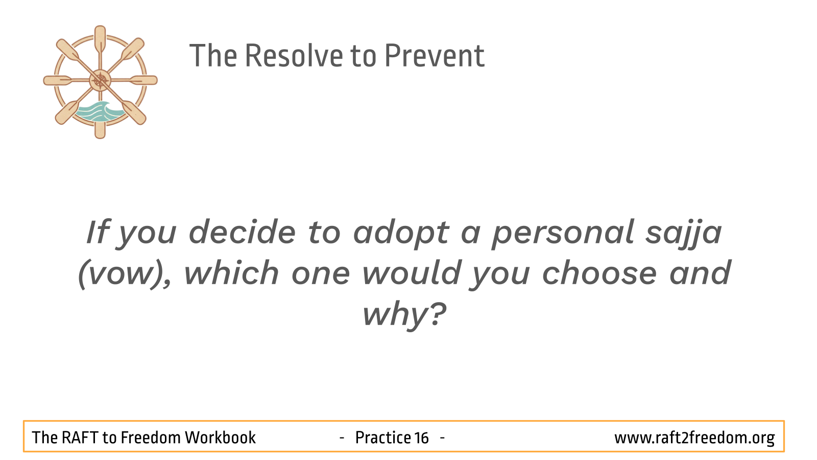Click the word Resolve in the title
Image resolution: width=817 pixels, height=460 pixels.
pyautogui.click(x=294, y=56)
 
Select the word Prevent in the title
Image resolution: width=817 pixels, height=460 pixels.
pyautogui.click(x=435, y=56)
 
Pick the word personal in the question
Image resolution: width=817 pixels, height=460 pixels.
pyautogui.click(x=563, y=233)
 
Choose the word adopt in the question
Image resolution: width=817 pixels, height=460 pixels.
pyautogui.click(x=401, y=233)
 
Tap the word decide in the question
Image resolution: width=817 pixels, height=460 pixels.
pyautogui.click(x=242, y=232)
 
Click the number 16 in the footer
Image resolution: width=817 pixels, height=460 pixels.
pyautogui.click(x=421, y=438)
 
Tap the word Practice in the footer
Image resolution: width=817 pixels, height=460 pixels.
pyautogui.click(x=382, y=438)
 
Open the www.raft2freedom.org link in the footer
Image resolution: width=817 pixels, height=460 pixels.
pyautogui.click(x=694, y=438)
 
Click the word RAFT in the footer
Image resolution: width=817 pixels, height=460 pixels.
pyautogui.click(x=80, y=438)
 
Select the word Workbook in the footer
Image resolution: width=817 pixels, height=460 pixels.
pyautogui.click(x=220, y=438)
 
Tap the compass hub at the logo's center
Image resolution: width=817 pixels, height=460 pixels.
pyautogui.click(x=100, y=80)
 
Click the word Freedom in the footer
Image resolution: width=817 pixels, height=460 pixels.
pyautogui.click(x=151, y=438)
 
